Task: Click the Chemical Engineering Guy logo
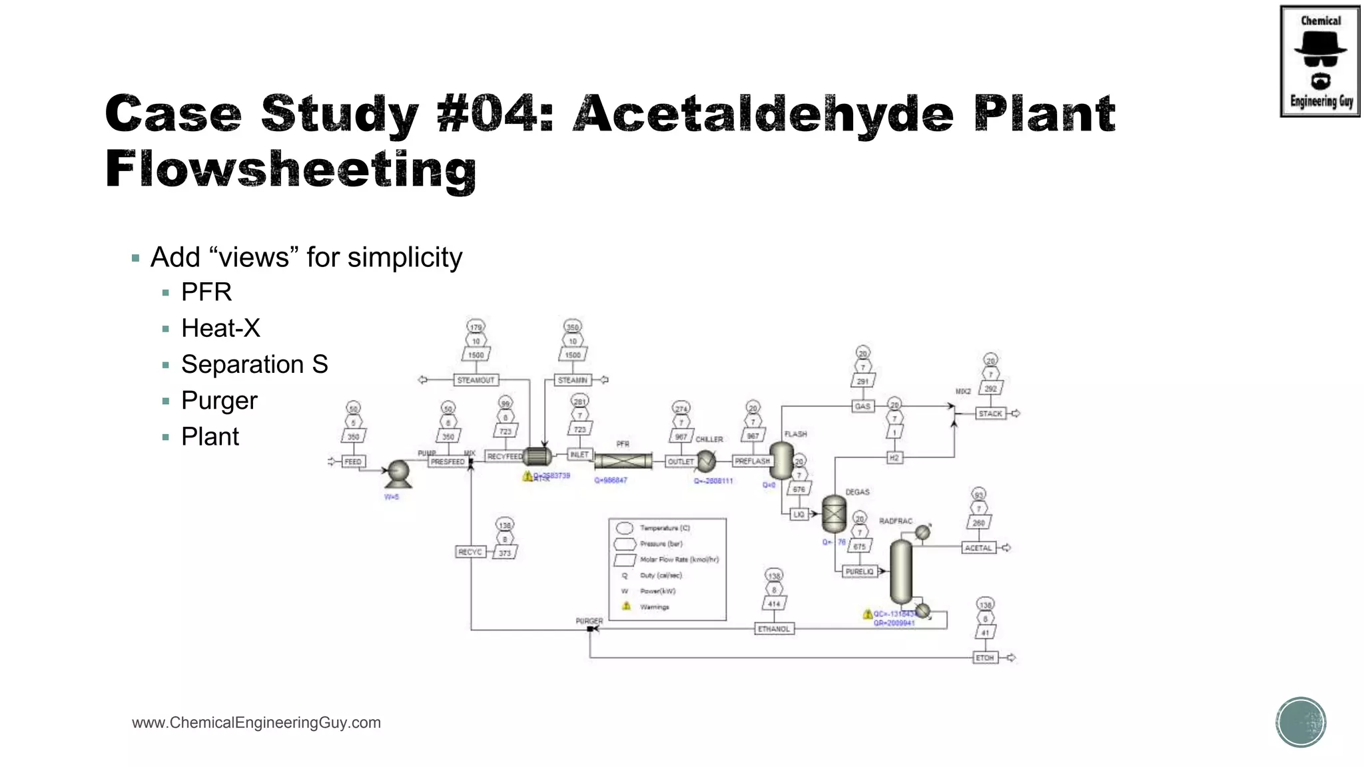click(x=1319, y=61)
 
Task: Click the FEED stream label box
click(x=353, y=461)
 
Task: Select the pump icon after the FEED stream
click(x=398, y=473)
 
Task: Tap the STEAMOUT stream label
click(x=476, y=380)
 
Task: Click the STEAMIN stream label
click(x=573, y=380)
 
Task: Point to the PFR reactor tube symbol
click(x=623, y=461)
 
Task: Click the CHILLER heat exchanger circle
click(x=706, y=461)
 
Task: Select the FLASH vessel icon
click(x=781, y=459)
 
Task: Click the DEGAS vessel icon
click(x=834, y=513)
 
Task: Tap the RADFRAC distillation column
click(x=901, y=571)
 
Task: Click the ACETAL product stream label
click(x=978, y=548)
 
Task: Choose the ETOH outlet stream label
click(x=984, y=658)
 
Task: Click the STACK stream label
click(x=990, y=413)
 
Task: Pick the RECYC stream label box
click(x=470, y=552)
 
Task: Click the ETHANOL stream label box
click(x=774, y=629)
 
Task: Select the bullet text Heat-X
click(x=220, y=328)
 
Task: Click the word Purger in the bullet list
click(x=219, y=401)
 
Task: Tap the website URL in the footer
click(x=256, y=722)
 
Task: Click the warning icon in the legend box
click(x=626, y=607)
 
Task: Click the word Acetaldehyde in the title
click(x=763, y=114)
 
